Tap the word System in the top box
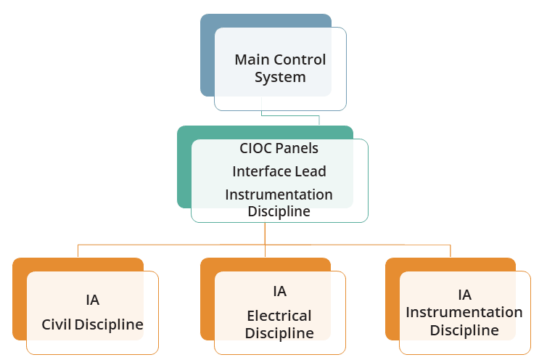click(x=280, y=77)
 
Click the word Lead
click(x=310, y=171)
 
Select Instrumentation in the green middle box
click(x=279, y=195)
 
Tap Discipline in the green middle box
click(x=279, y=211)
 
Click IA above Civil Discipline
click(x=92, y=300)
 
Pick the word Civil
click(x=56, y=324)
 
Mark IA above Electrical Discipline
click(x=279, y=292)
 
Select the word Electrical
click(x=279, y=316)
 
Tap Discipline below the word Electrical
click(x=279, y=333)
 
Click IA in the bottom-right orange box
click(x=464, y=295)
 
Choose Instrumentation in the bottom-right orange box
click(x=464, y=312)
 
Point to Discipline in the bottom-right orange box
click(x=464, y=330)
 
